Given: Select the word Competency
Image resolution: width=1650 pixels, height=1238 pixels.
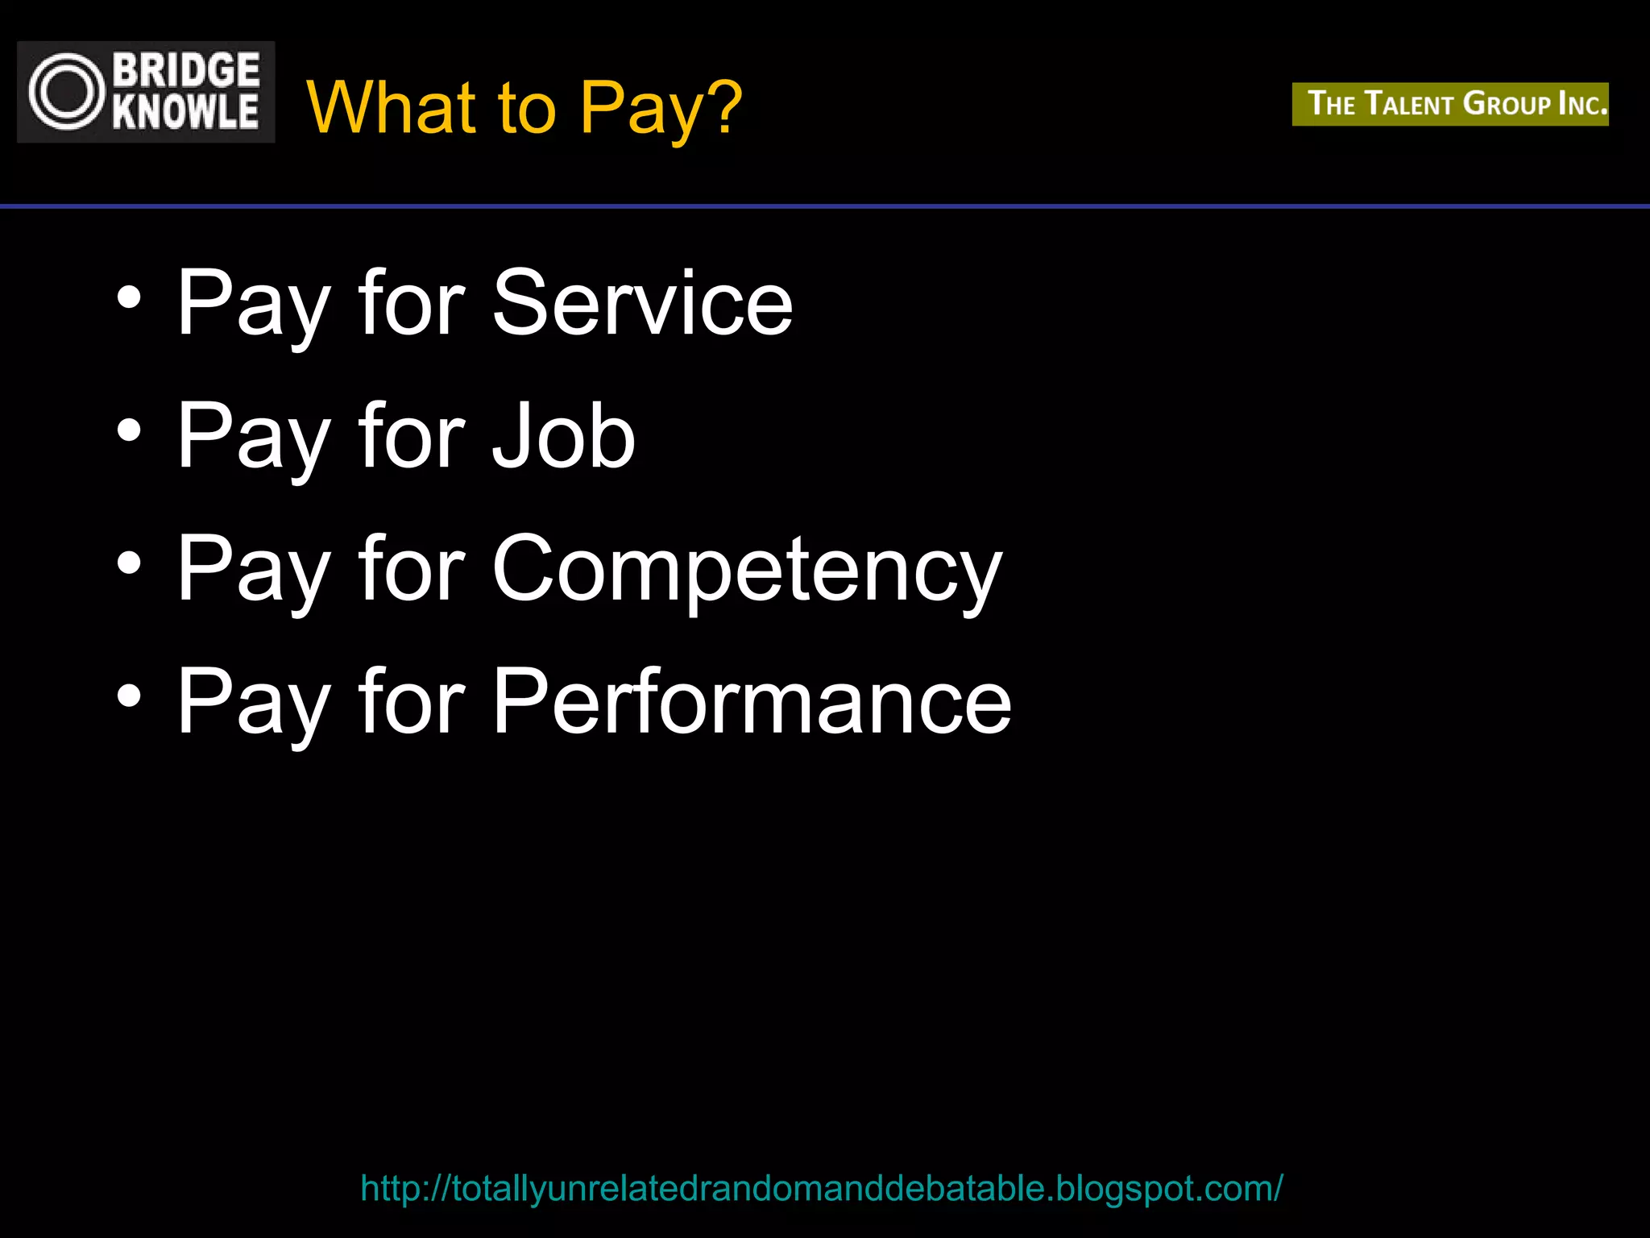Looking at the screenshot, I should (x=747, y=571).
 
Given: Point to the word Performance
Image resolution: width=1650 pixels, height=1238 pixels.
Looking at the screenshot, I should (x=752, y=701).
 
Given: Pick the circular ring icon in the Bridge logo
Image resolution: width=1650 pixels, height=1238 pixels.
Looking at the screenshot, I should (x=67, y=92).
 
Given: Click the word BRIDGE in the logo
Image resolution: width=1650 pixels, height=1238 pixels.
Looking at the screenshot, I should (x=186, y=70).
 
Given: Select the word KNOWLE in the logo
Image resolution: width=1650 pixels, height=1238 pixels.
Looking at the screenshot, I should (x=186, y=112).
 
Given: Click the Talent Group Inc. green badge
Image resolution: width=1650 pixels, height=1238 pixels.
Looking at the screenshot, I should (x=1450, y=104).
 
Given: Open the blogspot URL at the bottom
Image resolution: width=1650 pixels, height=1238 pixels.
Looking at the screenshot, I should (x=821, y=1188).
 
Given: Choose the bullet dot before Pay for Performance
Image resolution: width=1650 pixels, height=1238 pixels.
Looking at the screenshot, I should (x=129, y=696).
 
